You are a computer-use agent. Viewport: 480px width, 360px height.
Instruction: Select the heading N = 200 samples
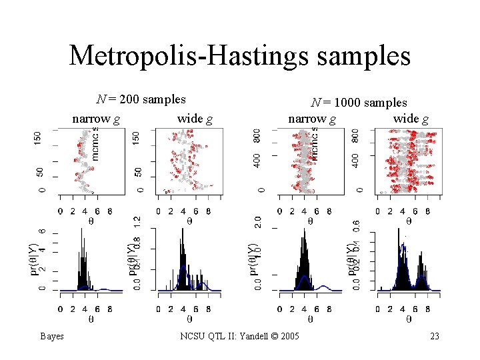pos(141,99)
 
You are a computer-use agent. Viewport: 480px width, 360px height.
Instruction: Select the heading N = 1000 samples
pos(359,103)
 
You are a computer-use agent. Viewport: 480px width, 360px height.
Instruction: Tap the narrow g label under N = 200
pos(96,119)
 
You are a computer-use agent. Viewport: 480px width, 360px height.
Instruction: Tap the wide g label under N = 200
pos(195,119)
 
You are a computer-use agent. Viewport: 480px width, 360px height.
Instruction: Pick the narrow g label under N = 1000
pos(311,119)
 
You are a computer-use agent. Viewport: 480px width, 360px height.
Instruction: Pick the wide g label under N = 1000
pos(410,119)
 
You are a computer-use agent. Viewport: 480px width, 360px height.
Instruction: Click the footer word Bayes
pos(51,336)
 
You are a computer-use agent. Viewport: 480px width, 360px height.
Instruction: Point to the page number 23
pos(435,336)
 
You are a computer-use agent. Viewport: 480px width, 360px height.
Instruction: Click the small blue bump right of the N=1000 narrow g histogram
pos(324,287)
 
